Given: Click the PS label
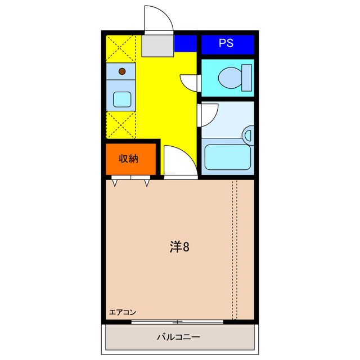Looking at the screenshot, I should (227, 43).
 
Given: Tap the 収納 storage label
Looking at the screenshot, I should (128, 159).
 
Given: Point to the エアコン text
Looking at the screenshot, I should (123, 312).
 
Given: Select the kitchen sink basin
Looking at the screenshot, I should (122, 100).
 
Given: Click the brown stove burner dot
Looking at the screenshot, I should (122, 71).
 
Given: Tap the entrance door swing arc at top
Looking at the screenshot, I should (158, 20).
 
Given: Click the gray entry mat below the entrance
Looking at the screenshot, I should (157, 45).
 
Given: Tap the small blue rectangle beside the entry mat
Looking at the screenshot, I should (185, 43).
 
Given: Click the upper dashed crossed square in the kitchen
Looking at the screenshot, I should (121, 48).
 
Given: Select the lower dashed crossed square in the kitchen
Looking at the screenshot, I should (121, 124).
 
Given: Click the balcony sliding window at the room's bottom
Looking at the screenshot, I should (178, 322).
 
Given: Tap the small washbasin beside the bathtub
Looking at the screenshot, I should (248, 134).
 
